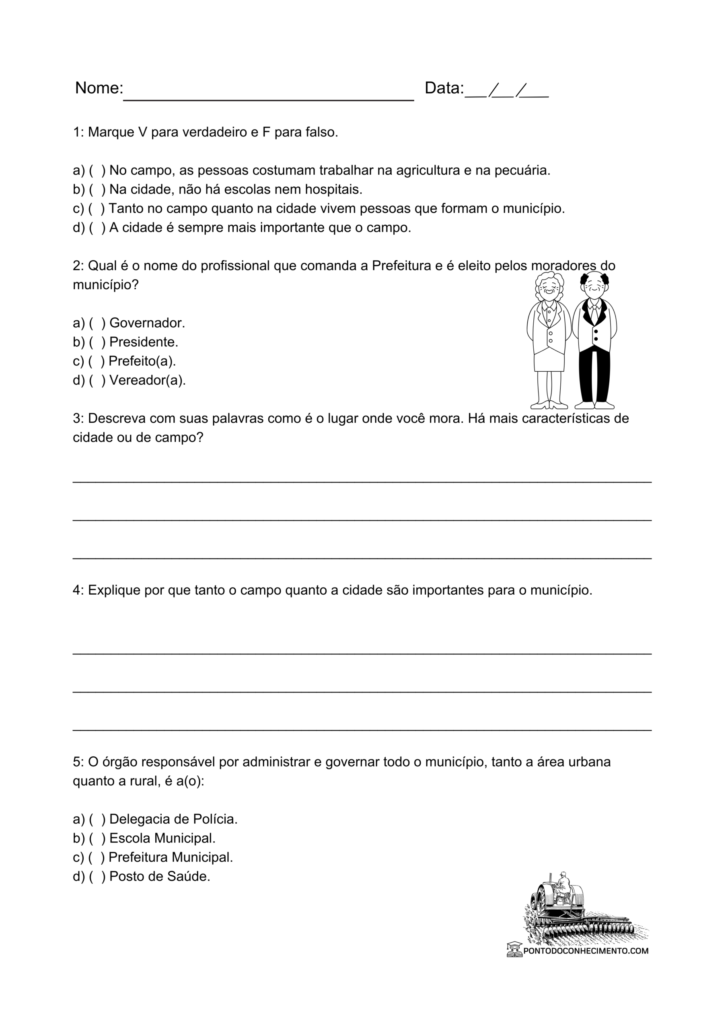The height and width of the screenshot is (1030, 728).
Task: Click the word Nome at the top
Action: [x=98, y=88]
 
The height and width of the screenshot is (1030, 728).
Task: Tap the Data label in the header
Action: [x=444, y=88]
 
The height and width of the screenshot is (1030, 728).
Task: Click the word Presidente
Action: [x=144, y=342]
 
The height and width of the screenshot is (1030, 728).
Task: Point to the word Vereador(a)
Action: [x=147, y=381]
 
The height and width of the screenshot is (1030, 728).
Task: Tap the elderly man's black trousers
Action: [x=594, y=377]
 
